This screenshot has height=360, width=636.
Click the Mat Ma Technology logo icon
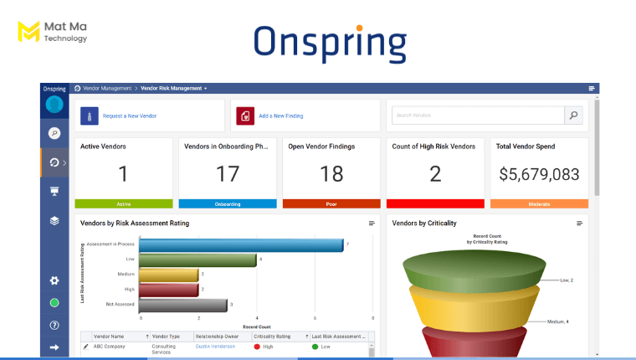28,32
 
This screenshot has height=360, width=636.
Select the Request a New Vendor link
130,116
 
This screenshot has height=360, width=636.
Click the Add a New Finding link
280,116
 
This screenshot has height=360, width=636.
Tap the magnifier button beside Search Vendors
573,116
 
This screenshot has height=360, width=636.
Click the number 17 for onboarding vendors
228,173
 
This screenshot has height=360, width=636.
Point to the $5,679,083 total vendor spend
539,174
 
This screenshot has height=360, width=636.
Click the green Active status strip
124,203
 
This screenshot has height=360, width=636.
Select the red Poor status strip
331,203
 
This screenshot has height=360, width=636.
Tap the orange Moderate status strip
539,203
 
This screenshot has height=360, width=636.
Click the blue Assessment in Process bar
241,244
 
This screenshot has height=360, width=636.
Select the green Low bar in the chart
197,260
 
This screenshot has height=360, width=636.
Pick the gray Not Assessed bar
182,305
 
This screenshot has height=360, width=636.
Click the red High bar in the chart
168,290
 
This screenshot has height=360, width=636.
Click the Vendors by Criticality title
424,224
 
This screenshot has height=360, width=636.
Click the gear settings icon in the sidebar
54,280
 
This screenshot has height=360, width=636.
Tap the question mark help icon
54,325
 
